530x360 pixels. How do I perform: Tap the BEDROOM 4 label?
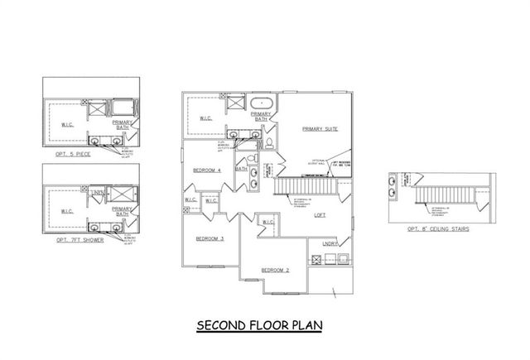pyautogui.click(x=206, y=170)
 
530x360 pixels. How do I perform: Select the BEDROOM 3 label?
pyautogui.click(x=210, y=238)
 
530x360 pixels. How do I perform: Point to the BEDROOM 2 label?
pyautogui.click(x=275, y=271)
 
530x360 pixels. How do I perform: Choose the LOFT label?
pyautogui.click(x=320, y=214)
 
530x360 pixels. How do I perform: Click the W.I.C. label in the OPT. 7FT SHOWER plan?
pyautogui.click(x=67, y=211)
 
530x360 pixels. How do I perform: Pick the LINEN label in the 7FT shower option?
pyautogui.click(x=97, y=194)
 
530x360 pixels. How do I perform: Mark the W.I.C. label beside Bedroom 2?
pyautogui.click(x=267, y=222)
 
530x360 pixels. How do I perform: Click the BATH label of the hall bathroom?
pyautogui.click(x=241, y=169)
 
